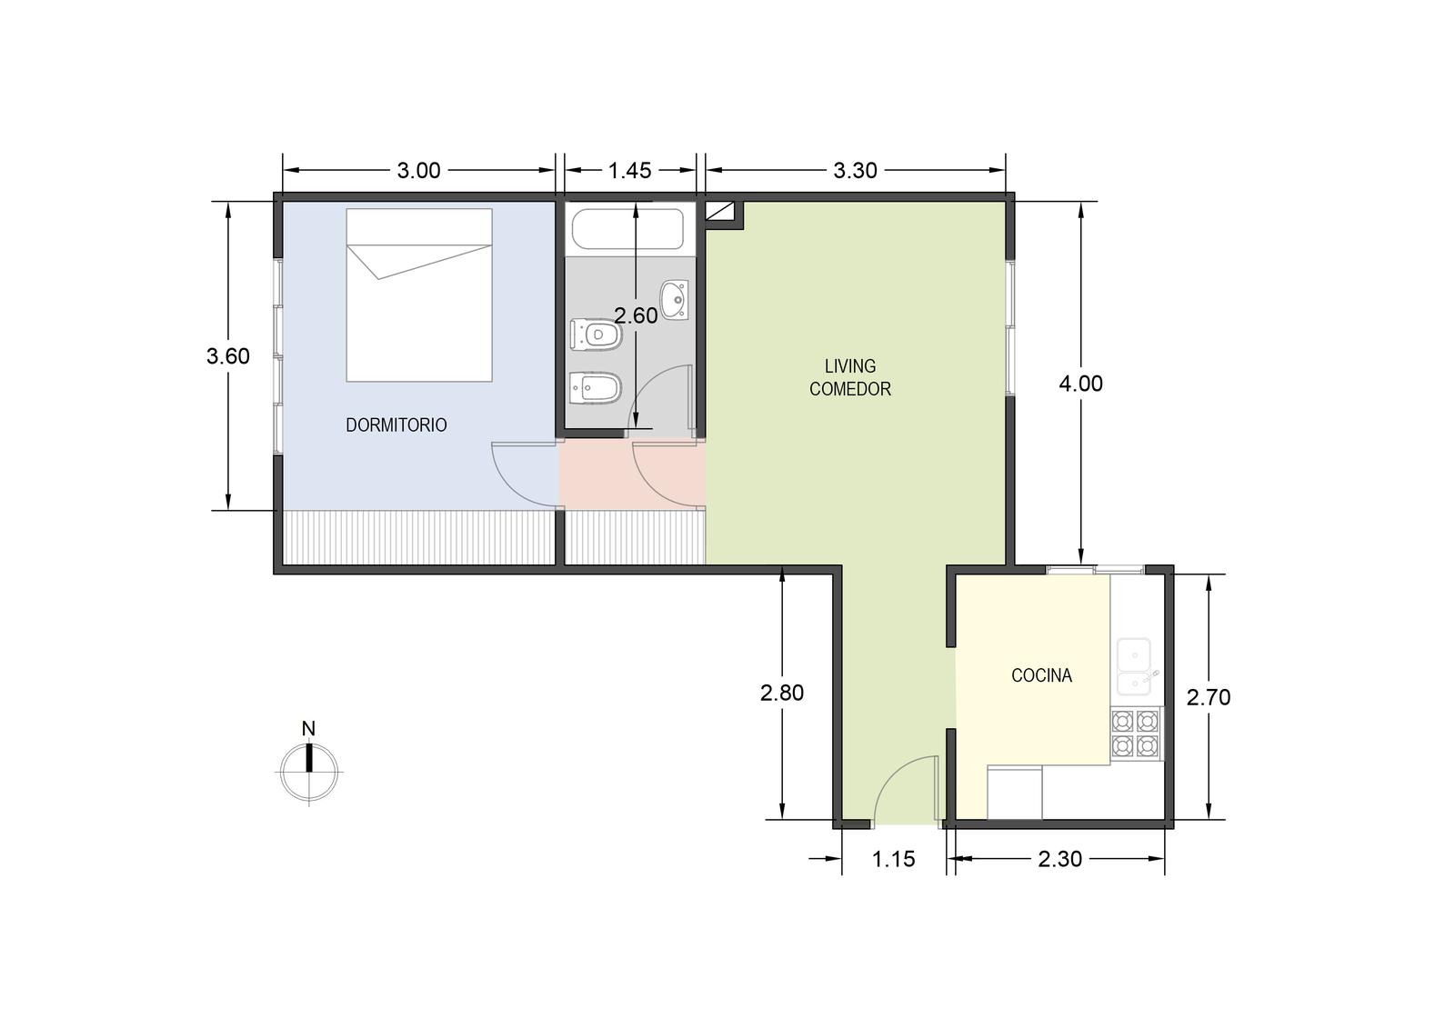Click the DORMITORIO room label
tap(396, 425)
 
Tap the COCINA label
tap(1041, 675)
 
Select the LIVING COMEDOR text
tap(850, 377)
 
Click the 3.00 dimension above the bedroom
tap(419, 170)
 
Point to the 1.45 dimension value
tap(629, 170)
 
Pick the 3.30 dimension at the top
tap(856, 170)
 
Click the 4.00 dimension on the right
tap(1081, 384)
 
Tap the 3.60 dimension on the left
tap(228, 356)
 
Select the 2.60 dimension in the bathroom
tap(636, 315)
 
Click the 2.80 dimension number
tap(782, 693)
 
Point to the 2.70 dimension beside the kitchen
tap(1209, 697)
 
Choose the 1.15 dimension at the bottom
tap(893, 859)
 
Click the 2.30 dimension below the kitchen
tap(1060, 859)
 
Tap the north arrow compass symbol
tap(309, 764)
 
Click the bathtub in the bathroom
tap(627, 228)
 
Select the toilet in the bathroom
tap(597, 334)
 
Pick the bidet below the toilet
tap(597, 388)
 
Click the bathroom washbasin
tap(675, 300)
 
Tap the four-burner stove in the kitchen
tap(1135, 734)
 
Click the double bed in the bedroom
tap(419, 294)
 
